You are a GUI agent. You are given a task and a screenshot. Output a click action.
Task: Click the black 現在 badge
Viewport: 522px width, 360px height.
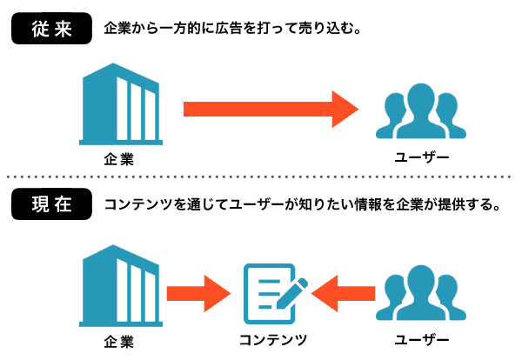click(x=51, y=206)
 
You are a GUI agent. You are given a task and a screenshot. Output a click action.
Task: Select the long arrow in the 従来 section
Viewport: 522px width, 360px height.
click(x=270, y=110)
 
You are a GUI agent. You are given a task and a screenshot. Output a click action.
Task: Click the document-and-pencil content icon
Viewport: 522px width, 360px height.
click(x=271, y=293)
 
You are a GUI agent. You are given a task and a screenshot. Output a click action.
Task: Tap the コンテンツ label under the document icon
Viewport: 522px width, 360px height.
click(x=271, y=338)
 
